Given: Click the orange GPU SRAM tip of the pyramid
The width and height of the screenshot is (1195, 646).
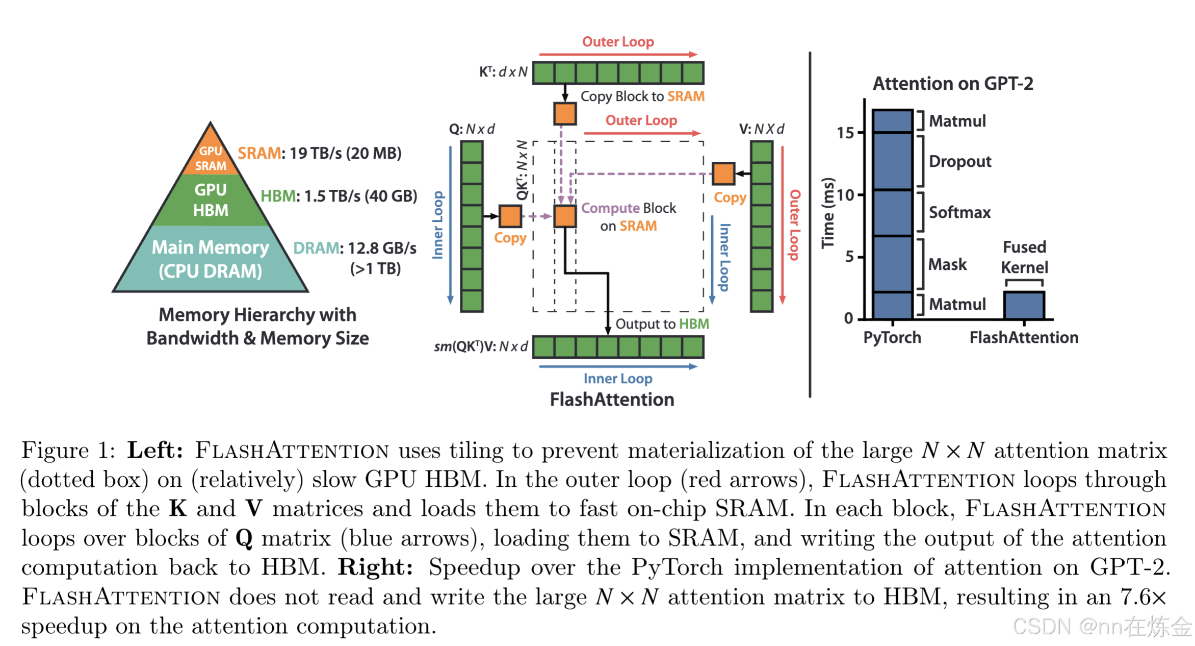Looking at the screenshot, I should point(211,156).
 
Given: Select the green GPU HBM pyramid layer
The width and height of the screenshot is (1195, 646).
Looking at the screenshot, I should point(211,200).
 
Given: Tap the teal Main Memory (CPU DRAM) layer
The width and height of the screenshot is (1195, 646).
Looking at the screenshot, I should point(211,259).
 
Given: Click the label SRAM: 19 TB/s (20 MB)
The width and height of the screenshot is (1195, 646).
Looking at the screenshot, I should point(320,153).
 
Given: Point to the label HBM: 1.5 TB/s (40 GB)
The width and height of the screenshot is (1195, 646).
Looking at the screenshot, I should point(339,196).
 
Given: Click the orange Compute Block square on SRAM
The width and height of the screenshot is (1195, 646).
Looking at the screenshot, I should point(565,216).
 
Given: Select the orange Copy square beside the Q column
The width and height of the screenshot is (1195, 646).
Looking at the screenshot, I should point(510,216).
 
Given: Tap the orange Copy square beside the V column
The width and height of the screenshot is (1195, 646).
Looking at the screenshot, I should point(723,174).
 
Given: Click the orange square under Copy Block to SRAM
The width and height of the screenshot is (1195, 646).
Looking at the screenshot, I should point(565,114).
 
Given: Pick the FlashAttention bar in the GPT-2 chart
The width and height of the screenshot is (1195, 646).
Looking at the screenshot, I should point(1024,305).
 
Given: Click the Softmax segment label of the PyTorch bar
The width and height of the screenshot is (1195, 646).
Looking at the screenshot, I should point(959,212).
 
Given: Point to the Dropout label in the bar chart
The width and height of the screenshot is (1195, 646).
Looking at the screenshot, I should point(960,161).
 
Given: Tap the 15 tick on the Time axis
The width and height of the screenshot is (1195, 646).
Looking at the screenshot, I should point(845,133).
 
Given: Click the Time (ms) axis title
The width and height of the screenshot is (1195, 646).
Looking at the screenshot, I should point(828,213).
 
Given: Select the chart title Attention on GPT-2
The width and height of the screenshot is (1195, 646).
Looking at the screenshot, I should point(953,83).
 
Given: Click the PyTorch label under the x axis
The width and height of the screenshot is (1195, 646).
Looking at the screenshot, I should point(892,337).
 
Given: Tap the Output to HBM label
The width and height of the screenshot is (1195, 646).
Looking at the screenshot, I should point(662,324).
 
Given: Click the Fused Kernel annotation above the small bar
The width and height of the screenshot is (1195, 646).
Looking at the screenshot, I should point(1024,257).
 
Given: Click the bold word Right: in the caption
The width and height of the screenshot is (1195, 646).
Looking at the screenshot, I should point(375,567).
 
